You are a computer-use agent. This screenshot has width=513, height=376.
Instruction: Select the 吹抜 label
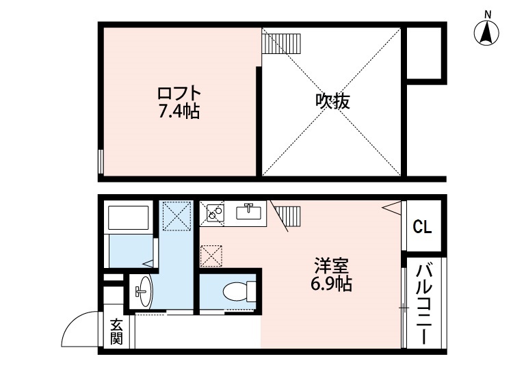[x=332, y=102]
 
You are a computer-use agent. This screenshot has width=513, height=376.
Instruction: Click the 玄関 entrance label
[x=117, y=331]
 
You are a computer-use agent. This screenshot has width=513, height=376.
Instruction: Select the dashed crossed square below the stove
[x=211, y=256]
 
